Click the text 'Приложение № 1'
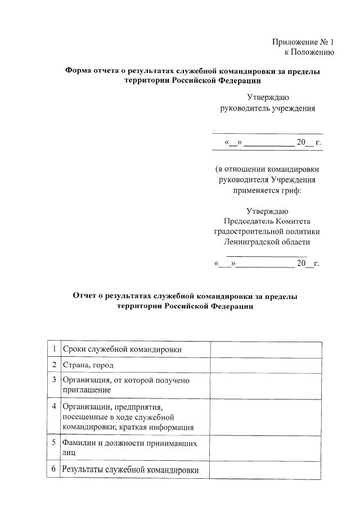(x=303, y=42)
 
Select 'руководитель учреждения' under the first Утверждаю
(x=267, y=108)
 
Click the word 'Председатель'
(x=248, y=221)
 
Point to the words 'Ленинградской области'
(x=267, y=242)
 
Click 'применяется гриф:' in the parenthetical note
(x=267, y=190)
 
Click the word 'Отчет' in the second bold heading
(x=85, y=296)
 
